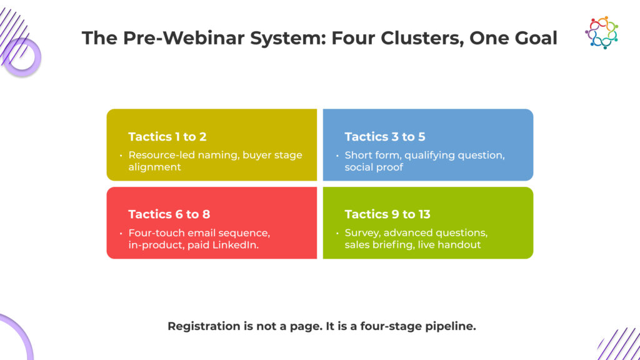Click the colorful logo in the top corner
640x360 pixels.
coord(601,32)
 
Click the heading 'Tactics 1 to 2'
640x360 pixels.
coord(167,137)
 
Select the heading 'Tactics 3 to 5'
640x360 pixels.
coord(384,137)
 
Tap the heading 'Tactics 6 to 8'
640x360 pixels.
coord(169,214)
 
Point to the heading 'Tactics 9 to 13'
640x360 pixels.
coord(387,214)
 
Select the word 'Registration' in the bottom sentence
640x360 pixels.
coord(203,326)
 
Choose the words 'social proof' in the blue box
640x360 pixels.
coord(374,167)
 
